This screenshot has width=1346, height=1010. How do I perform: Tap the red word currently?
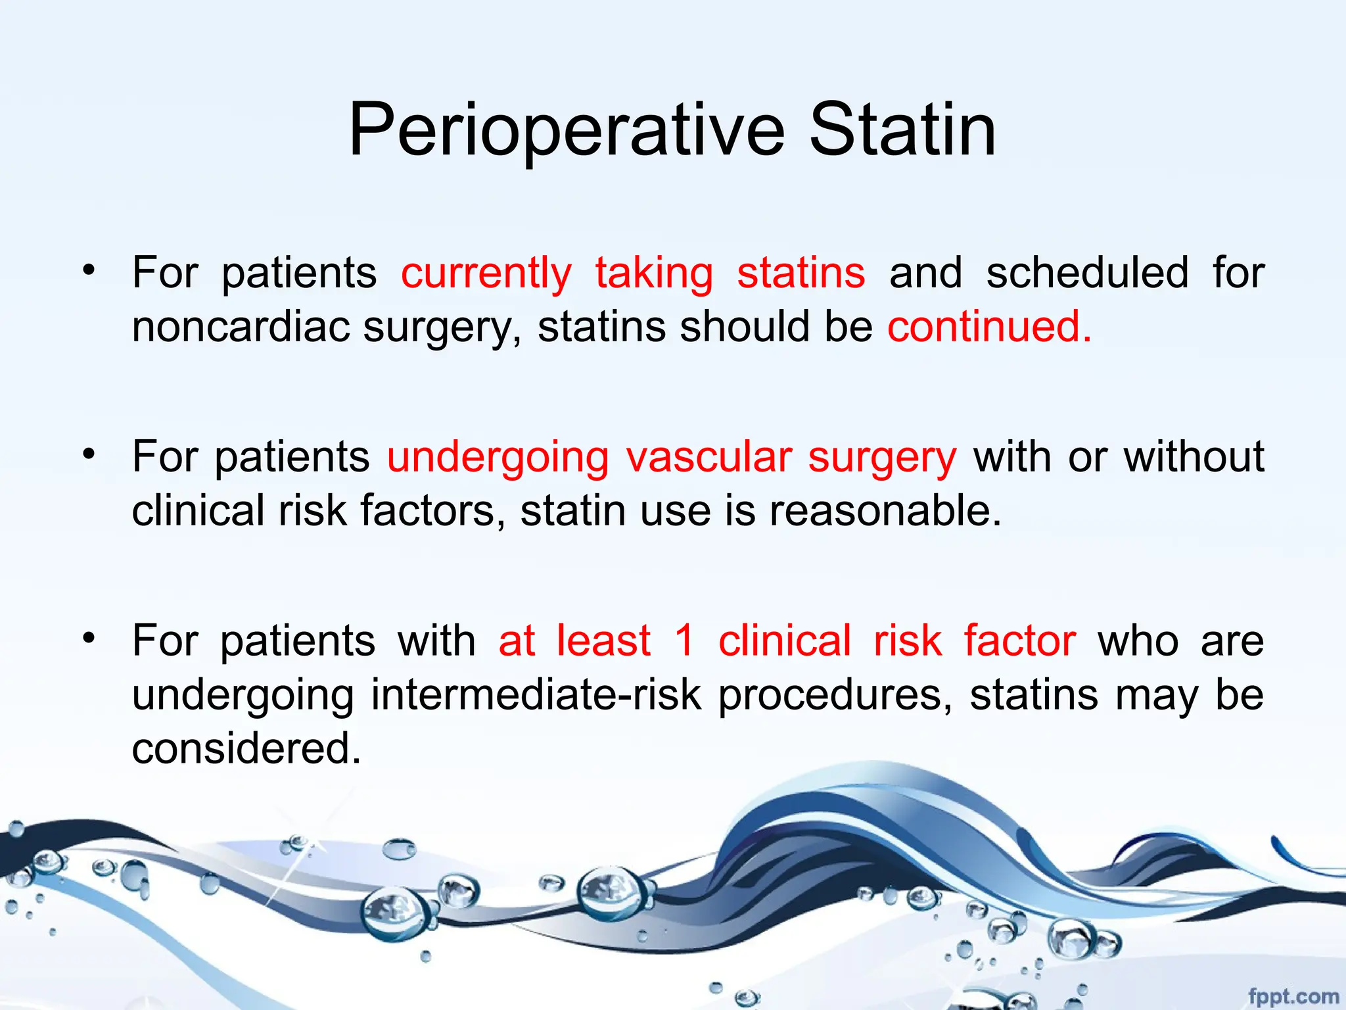(486, 273)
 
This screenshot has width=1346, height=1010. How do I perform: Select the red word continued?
(989, 326)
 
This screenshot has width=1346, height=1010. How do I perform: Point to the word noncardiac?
(241, 326)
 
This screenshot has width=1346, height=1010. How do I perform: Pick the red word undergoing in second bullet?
(498, 458)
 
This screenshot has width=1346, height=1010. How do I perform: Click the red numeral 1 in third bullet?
(684, 640)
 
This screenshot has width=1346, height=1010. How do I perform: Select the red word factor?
(1019, 640)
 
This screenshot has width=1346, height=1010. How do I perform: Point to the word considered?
(246, 748)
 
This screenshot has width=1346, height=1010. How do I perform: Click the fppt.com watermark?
(1293, 996)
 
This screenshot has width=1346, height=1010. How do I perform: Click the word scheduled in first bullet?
(1087, 273)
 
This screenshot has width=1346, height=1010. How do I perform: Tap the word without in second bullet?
(1194, 457)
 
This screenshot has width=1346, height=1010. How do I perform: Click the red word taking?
(654, 274)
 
